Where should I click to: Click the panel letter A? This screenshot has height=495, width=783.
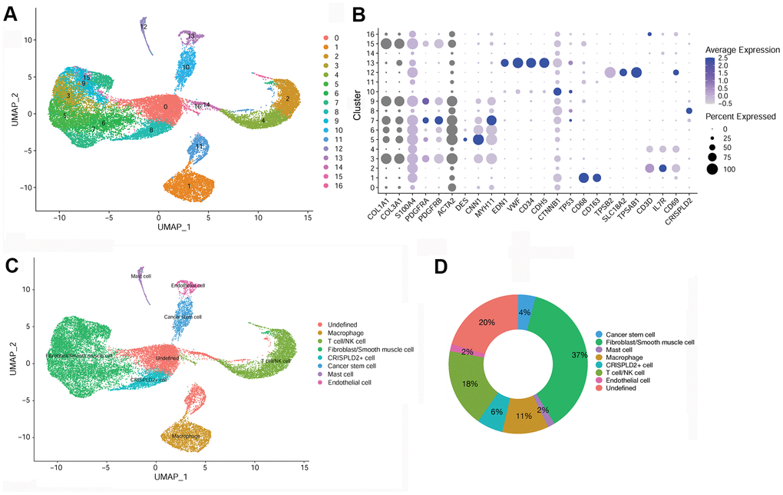click(x=13, y=13)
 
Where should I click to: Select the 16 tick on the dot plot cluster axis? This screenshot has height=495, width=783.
click(x=372, y=35)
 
